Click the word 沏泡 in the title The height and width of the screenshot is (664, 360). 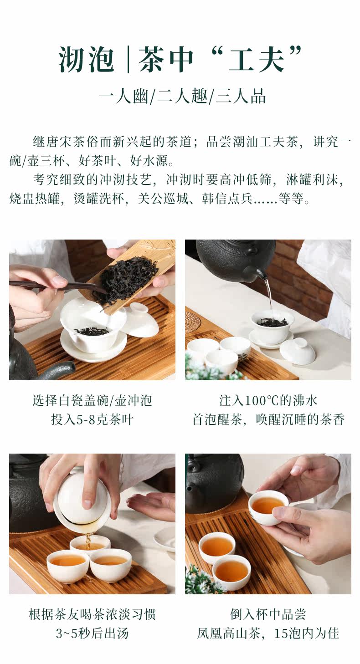click(x=86, y=60)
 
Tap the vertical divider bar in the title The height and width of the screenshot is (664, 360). click(x=128, y=60)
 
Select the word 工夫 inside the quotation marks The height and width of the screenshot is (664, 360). click(x=257, y=60)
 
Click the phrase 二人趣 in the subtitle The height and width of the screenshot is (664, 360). click(x=182, y=97)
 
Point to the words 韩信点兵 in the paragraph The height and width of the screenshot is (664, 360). click(x=227, y=199)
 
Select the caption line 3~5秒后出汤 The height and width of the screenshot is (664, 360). click(x=92, y=633)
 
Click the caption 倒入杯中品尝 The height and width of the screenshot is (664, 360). click(x=268, y=614)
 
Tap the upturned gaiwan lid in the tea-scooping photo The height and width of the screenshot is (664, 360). click(x=142, y=320)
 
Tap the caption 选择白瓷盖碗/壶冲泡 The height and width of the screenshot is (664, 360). click(x=92, y=401)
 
